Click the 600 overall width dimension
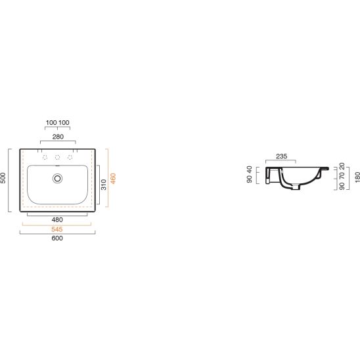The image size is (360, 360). click(x=57, y=238)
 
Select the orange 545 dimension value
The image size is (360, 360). click(x=57, y=229)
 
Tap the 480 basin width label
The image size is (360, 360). click(x=57, y=219)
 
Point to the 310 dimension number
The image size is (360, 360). click(x=104, y=185)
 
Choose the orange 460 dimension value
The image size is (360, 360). click(x=113, y=179)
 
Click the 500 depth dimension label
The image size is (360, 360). click(x=3, y=178)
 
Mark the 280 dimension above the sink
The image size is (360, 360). click(x=58, y=137)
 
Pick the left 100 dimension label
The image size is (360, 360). click(x=51, y=123)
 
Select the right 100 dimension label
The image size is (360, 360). click(x=64, y=123)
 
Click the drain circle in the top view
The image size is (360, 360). click(x=57, y=179)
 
